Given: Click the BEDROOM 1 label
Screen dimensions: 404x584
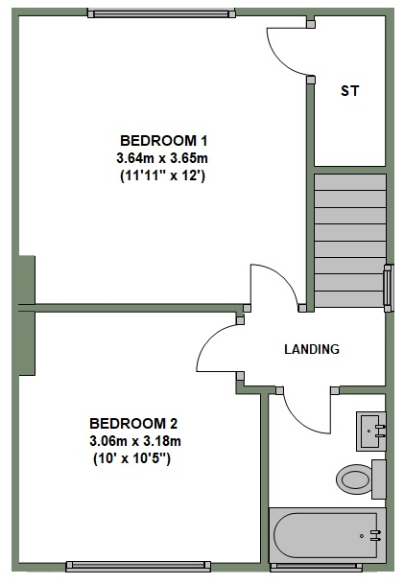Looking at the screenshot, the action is (163, 141).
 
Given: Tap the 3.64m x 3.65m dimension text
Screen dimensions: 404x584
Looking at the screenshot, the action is (162, 158).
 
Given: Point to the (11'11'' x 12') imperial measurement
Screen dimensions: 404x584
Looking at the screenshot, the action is (162, 175).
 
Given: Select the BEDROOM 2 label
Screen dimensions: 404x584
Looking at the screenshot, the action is (133, 424).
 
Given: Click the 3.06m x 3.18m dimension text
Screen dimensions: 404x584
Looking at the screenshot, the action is (135, 441).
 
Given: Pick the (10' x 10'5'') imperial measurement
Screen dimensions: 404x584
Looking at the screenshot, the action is (131, 458).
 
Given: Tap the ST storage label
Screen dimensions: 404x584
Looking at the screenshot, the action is (350, 91).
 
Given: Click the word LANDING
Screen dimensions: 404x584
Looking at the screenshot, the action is (312, 349).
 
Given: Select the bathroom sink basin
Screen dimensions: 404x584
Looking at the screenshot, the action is (371, 432).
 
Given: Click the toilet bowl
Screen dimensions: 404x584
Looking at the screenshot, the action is (353, 479).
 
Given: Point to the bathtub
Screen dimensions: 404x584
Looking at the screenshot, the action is (327, 535).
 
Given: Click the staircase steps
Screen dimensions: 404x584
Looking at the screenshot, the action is (350, 241).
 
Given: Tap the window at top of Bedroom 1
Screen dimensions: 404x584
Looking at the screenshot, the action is (162, 13).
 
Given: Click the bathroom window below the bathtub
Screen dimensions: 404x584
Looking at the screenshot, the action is (316, 568).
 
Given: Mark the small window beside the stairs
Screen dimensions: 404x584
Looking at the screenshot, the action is (389, 288).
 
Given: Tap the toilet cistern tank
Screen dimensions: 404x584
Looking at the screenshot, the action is (379, 479).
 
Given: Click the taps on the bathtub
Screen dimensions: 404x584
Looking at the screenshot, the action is (375, 535).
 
